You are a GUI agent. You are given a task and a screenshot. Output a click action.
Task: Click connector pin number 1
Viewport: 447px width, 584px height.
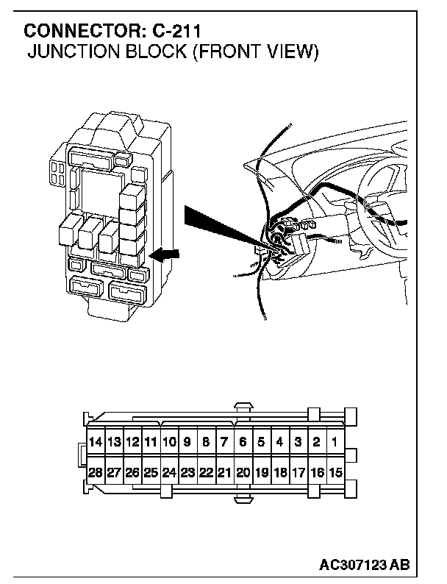[x=335, y=442]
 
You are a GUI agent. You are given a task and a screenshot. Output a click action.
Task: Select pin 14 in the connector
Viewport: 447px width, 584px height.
[x=95, y=442]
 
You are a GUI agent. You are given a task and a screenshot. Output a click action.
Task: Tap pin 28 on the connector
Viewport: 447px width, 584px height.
[x=95, y=473]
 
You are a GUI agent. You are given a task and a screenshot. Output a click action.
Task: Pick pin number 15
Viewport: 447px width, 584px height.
[x=335, y=473]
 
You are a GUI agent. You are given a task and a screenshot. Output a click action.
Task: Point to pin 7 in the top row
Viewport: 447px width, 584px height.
[x=224, y=442]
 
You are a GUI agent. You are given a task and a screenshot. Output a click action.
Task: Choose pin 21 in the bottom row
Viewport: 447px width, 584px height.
[x=224, y=473]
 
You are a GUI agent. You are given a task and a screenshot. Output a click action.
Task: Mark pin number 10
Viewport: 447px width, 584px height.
[x=169, y=442]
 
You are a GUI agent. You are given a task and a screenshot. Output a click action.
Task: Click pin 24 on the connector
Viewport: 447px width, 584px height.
[x=169, y=473]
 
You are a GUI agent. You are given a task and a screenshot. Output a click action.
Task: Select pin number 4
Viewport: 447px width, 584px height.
[x=279, y=442]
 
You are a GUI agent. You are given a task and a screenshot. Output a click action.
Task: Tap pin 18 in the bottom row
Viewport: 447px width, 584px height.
[x=279, y=473]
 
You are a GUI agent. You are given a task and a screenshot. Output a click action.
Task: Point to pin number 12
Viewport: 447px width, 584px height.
[x=132, y=442]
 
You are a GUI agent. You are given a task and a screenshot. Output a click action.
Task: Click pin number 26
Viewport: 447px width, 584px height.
[x=132, y=473]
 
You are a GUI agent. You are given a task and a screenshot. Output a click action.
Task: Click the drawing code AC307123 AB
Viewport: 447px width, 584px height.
[x=365, y=565]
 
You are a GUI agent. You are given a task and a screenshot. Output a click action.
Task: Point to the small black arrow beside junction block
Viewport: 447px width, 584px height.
[x=163, y=254]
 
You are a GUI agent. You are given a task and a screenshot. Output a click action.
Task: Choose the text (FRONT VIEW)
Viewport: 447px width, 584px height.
[x=254, y=53]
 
